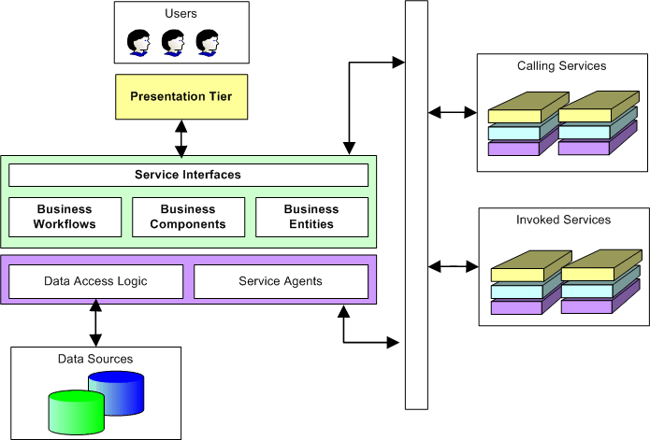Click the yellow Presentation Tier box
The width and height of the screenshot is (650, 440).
(x=181, y=97)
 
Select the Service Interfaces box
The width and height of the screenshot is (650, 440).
(x=188, y=175)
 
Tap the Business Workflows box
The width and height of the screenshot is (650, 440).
(x=65, y=217)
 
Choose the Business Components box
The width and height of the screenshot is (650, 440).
(x=188, y=217)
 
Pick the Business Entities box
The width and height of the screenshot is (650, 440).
(x=311, y=217)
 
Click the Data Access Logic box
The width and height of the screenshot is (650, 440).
(x=95, y=281)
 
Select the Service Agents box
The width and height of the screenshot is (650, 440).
(x=281, y=281)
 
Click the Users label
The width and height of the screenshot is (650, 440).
(x=181, y=14)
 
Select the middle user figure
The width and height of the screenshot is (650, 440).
(x=173, y=42)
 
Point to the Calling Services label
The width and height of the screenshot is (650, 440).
(x=561, y=66)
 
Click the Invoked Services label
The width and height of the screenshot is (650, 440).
(x=563, y=220)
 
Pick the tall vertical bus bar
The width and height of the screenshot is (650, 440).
(x=416, y=206)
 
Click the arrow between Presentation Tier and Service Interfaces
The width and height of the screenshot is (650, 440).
(x=181, y=137)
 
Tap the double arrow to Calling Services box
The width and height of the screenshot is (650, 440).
(x=452, y=113)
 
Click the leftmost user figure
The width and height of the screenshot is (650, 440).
(x=139, y=42)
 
